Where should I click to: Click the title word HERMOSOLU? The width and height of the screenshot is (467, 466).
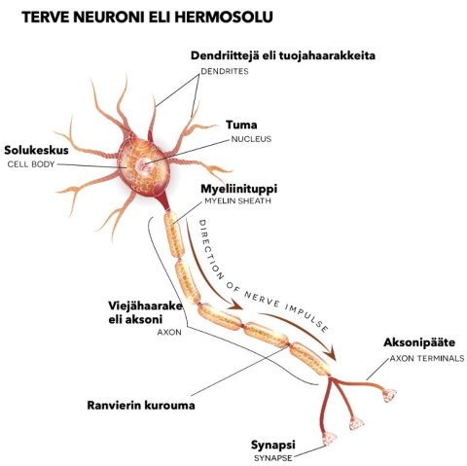[224, 18]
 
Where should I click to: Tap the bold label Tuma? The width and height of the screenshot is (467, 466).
[241, 125]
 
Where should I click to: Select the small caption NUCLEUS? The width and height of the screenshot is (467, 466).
[251, 139]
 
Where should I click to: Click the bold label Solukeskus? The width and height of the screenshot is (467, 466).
[36, 150]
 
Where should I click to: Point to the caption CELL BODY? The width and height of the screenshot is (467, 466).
[31, 164]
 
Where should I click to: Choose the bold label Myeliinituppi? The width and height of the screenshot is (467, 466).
[239, 189]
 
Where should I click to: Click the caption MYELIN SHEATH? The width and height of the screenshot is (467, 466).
[237, 200]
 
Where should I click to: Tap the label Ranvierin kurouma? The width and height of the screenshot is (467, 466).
[141, 406]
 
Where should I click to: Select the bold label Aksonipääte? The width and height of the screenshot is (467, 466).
[419, 342]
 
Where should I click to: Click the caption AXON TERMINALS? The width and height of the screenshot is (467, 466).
[427, 358]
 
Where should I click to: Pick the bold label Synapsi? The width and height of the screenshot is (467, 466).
[273, 446]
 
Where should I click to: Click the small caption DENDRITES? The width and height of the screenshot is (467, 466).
[225, 71]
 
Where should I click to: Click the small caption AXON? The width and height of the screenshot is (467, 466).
[169, 333]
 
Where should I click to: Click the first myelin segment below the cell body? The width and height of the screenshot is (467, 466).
[174, 234]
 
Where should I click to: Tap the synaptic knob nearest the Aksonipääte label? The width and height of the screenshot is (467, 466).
[389, 395]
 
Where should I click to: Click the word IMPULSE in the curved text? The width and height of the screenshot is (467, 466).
[307, 319]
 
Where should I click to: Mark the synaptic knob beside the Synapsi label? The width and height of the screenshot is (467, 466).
[329, 439]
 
